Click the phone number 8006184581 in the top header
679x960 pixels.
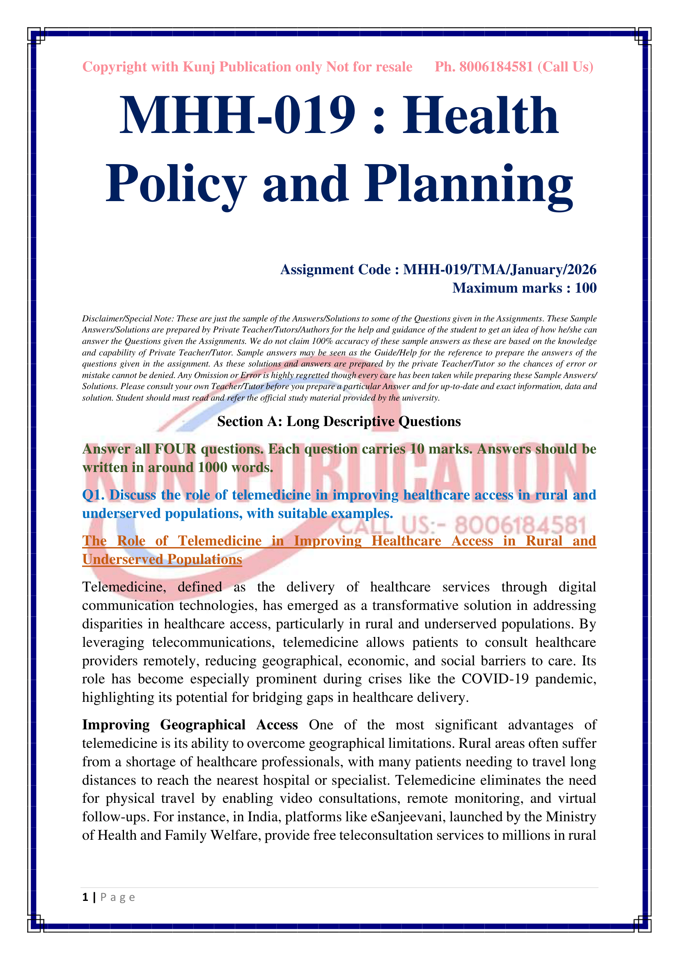point(496,67)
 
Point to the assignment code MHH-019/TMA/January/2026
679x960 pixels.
point(500,270)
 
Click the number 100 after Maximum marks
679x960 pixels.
point(585,288)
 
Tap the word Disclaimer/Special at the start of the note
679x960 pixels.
point(113,319)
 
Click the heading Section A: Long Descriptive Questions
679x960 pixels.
point(339,422)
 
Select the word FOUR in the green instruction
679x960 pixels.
point(176,449)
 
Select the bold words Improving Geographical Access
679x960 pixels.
point(190,725)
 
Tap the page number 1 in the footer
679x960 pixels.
point(85,897)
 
